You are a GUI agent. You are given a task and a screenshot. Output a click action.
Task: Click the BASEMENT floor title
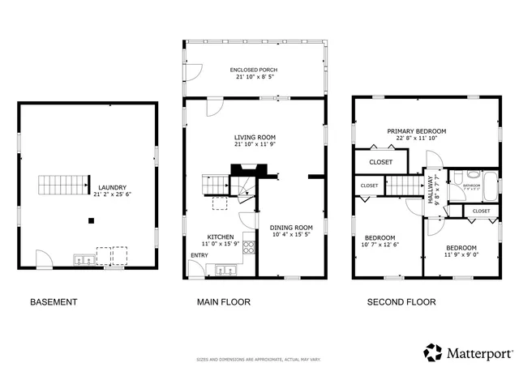[54, 302]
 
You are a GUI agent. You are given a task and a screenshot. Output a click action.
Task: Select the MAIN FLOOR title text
[224, 302]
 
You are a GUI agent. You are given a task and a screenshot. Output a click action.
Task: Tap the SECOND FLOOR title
[401, 302]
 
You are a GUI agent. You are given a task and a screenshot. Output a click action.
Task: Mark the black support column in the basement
[91, 220]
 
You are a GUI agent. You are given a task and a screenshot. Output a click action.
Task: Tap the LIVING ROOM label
[255, 138]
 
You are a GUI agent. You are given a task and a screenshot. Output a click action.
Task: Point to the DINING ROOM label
[291, 228]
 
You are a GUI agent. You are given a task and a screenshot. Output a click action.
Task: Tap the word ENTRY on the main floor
[199, 255]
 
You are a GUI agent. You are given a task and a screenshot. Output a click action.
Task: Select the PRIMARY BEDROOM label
[416, 131]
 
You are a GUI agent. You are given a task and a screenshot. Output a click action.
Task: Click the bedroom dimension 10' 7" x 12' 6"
[381, 244]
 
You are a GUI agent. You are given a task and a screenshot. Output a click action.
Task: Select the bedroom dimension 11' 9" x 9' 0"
[460, 255]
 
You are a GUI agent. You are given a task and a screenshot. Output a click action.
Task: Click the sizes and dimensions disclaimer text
[259, 359]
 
